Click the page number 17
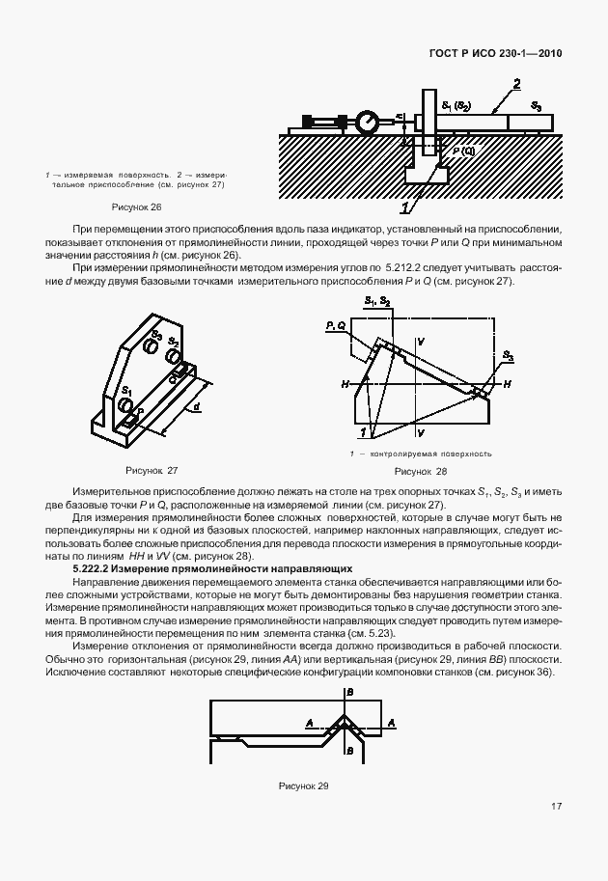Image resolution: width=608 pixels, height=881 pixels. pos(557,807)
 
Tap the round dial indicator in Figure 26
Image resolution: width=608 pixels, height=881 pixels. pos(368,123)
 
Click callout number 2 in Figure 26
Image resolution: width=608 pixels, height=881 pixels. pos(518,84)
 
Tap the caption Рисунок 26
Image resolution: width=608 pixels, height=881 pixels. pos(136,207)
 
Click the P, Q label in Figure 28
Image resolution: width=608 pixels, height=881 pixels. pos(337,327)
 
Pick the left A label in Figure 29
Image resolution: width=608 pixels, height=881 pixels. pos(309,721)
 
